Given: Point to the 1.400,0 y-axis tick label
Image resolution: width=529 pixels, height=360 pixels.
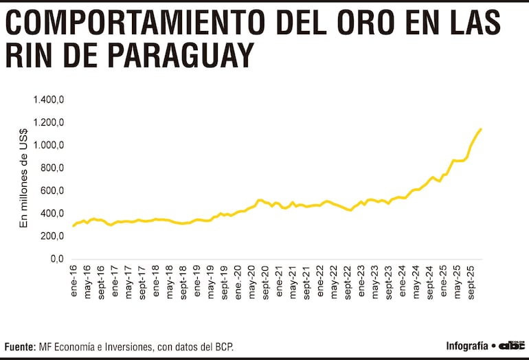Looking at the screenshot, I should (49, 100).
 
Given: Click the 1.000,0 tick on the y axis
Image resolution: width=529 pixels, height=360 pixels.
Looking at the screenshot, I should (49, 146).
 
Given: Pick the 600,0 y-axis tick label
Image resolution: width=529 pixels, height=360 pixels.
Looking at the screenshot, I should (52, 191).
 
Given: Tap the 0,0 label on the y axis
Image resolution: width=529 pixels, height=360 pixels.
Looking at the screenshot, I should (57, 259).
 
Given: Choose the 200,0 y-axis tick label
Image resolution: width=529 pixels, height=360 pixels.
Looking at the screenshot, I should (52, 236).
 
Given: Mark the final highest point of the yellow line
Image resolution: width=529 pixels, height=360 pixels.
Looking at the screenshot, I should (481, 129).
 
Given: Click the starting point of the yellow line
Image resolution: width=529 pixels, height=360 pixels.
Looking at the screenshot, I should (73, 226).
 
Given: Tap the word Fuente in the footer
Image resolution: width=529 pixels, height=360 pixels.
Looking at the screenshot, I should (19, 347).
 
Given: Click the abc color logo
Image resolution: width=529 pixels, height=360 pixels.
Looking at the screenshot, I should (511, 346).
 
